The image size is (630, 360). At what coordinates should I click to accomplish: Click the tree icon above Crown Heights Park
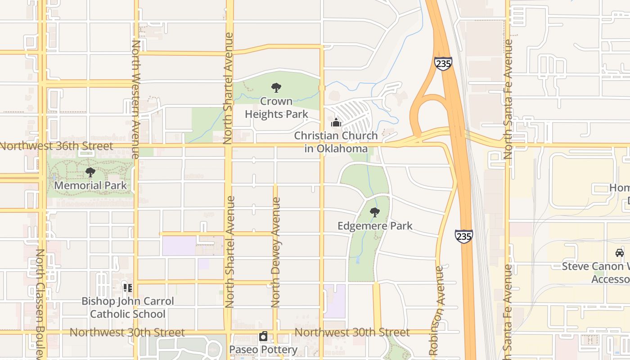pos(276,88)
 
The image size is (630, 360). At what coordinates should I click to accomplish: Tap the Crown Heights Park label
pos(276,108)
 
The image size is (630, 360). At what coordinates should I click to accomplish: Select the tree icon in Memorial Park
pos(90,172)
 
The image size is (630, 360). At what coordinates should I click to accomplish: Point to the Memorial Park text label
pos(90,185)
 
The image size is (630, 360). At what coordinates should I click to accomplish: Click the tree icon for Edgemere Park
pos(374,212)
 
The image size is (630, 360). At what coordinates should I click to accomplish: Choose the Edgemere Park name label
pos(375,225)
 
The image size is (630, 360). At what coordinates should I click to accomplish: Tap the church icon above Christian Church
pos(336,122)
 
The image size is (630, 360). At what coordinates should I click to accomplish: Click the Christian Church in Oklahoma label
pos(336,142)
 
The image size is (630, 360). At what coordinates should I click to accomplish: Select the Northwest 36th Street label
pos(57,146)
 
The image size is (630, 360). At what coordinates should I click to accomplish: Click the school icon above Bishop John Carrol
pos(128,288)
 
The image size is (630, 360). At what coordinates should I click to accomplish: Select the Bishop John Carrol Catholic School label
pos(128,307)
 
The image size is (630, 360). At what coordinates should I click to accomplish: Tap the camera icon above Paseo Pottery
pos(263,336)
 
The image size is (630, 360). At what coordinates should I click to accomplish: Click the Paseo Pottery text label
pos(263,350)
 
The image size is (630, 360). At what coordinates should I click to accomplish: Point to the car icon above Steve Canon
pos(620,252)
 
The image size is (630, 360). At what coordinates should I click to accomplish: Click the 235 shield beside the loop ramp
pos(443,63)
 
